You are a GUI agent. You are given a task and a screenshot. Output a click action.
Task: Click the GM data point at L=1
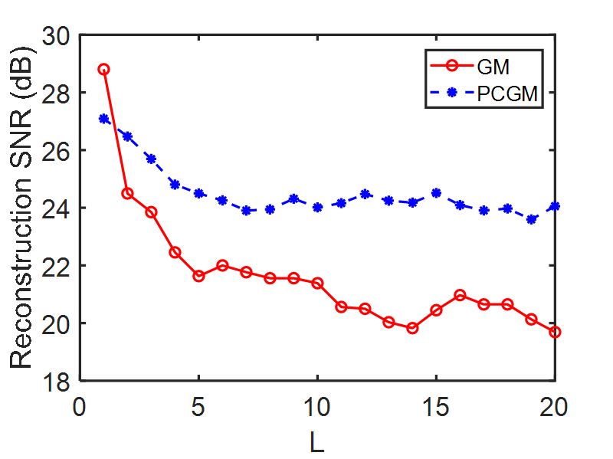tap(103, 69)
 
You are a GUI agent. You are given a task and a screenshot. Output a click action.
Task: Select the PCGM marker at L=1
tap(103, 119)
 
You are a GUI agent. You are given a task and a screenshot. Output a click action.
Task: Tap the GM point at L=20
tap(555, 332)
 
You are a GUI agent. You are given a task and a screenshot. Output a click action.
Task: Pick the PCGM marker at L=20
tap(555, 206)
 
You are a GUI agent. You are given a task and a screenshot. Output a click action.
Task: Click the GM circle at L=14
tap(412, 328)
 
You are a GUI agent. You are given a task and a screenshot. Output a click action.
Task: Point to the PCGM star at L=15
tap(436, 193)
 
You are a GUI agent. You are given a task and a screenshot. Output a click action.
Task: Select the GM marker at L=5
tap(198, 276)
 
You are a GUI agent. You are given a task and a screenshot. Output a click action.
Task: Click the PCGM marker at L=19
tap(531, 219)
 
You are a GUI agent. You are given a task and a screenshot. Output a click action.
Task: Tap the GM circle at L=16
tap(460, 295)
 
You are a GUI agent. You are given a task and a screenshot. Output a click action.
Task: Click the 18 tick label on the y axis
tap(57, 381)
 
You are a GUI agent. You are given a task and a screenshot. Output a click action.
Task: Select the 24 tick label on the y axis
tap(57, 208)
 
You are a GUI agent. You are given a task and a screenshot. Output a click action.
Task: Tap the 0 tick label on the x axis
tap(80, 406)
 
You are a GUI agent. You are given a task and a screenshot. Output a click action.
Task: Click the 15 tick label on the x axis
tap(436, 406)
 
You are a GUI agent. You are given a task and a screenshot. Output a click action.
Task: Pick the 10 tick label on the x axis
tap(317, 406)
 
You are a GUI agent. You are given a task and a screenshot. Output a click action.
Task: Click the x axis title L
tap(317, 441)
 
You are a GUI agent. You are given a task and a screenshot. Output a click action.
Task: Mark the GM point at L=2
tap(127, 193)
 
